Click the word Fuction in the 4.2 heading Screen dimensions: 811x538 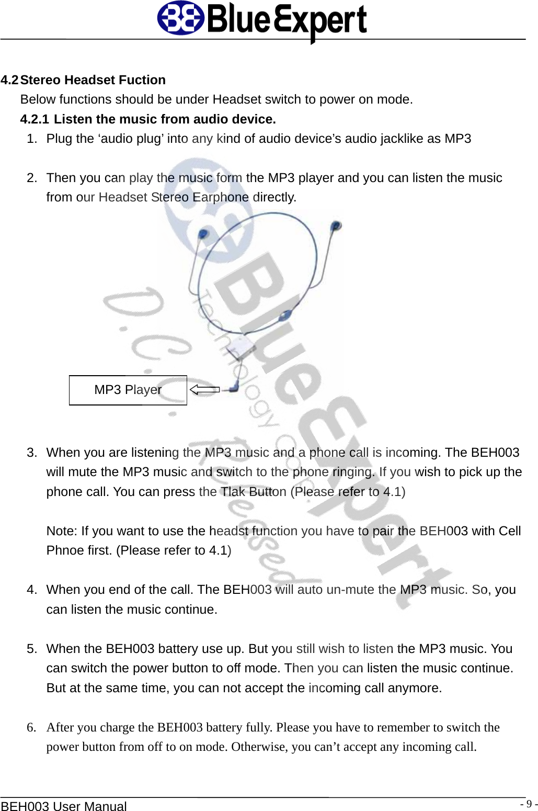pyautogui.click(x=142, y=80)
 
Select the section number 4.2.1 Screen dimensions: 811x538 pyautogui.click(x=35, y=119)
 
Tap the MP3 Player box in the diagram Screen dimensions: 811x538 pyautogui.click(x=128, y=390)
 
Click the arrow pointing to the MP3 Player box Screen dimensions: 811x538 pyautogui.click(x=204, y=389)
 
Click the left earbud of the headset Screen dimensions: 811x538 pyautogui.click(x=203, y=234)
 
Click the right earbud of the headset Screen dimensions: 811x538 pyautogui.click(x=336, y=226)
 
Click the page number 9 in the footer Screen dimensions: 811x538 pyautogui.click(x=529, y=804)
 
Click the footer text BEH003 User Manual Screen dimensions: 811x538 pyautogui.click(x=63, y=806)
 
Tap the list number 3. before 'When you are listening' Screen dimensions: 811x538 pyautogui.click(x=32, y=453)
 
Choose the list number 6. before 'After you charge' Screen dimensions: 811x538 pyautogui.click(x=32, y=727)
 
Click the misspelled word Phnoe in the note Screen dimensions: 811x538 pyautogui.click(x=63, y=550)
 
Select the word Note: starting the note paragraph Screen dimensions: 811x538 pyautogui.click(x=62, y=531)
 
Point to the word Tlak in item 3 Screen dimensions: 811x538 pyautogui.click(x=233, y=492)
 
